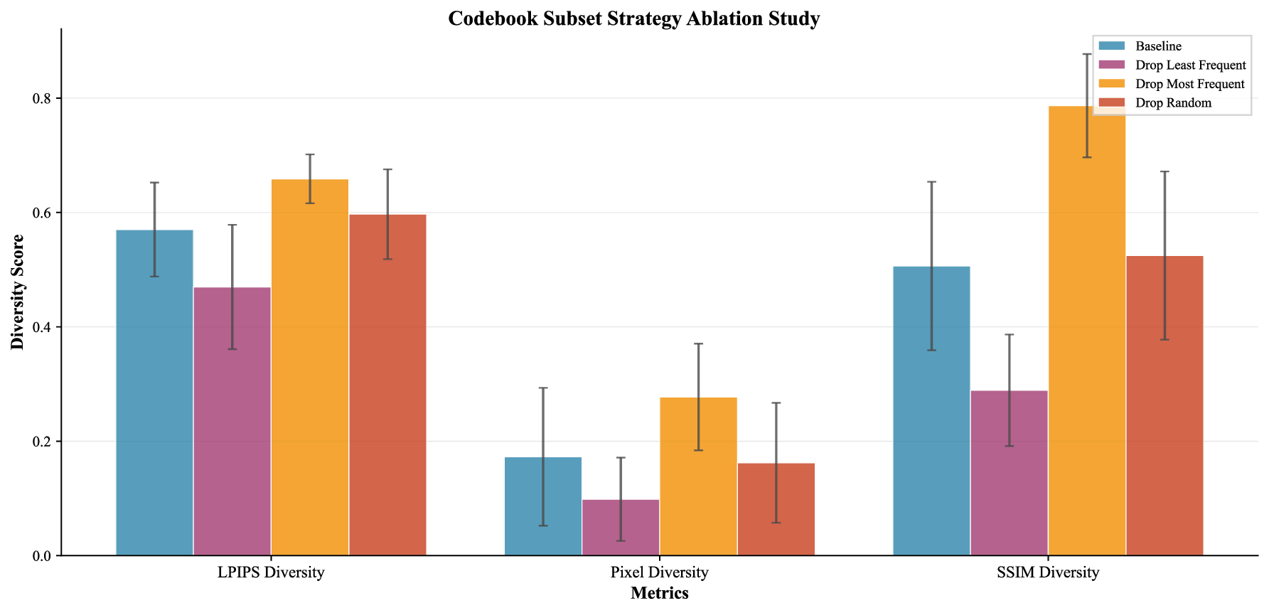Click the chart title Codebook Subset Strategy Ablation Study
633,18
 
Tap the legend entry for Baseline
1158,46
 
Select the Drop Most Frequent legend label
1189,84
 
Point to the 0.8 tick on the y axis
43,99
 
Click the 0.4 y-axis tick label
43,327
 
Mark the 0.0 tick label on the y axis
43,556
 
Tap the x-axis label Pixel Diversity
659,572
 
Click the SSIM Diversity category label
1048,572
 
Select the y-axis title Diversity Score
18,292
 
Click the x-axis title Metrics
659,593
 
